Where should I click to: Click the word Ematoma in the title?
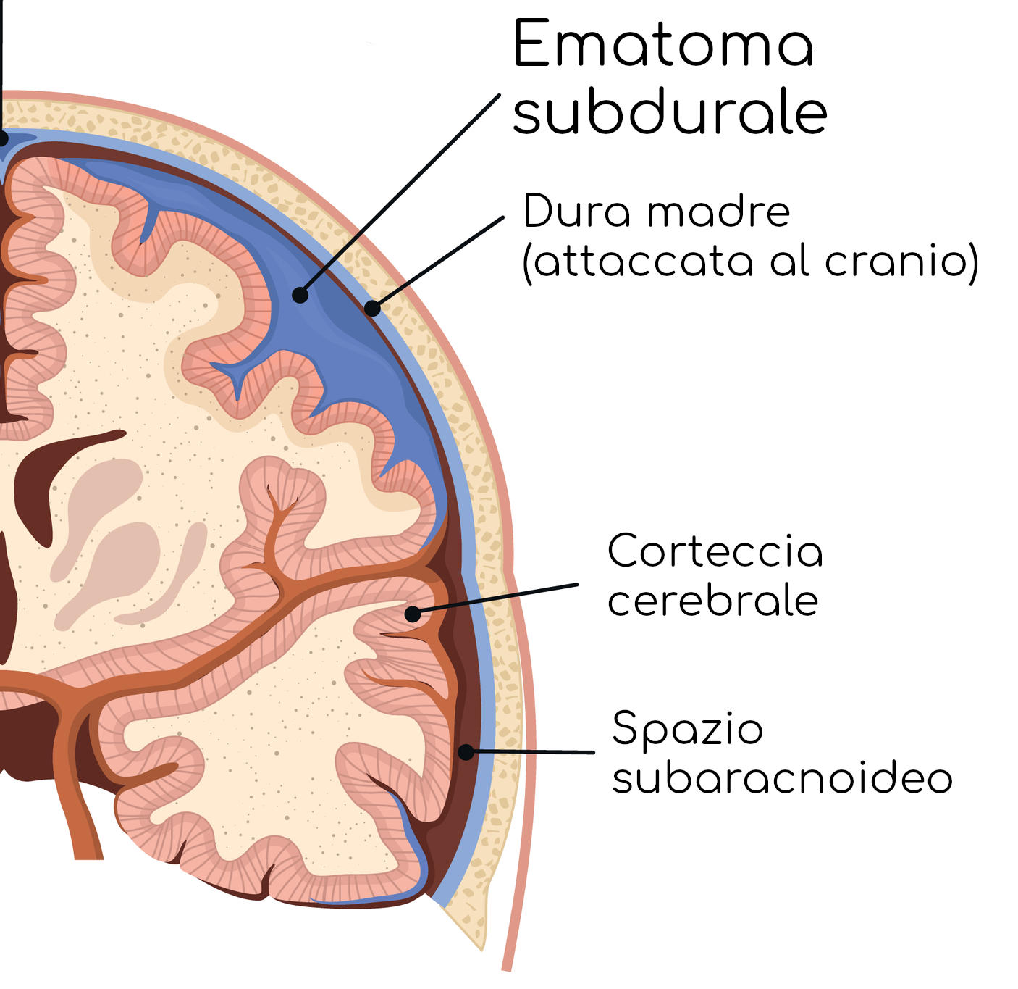point(663,45)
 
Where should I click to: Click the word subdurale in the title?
point(670,114)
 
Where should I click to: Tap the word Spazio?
point(687,729)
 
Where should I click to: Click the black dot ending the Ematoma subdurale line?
point(300,295)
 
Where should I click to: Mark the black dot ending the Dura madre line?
point(372,309)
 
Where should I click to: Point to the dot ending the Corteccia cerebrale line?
point(412,614)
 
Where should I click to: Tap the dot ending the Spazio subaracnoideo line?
point(466,752)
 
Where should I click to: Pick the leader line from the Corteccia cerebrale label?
point(500,598)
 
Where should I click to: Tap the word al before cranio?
point(791,261)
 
